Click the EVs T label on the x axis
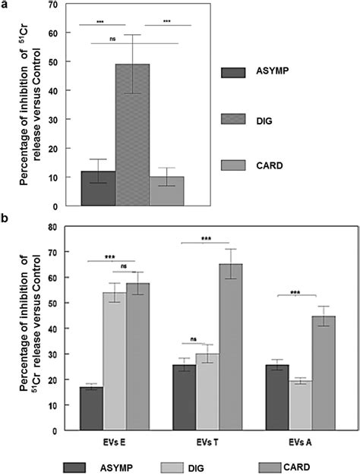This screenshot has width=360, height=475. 207,440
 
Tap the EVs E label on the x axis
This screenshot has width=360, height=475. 114,440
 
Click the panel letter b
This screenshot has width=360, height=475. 5,218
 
